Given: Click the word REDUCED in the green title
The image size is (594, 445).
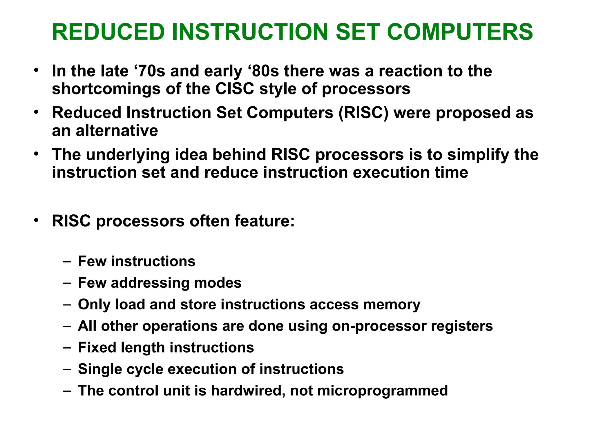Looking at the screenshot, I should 108,32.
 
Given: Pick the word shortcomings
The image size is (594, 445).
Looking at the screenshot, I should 106,89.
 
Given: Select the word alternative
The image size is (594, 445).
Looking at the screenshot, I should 117,131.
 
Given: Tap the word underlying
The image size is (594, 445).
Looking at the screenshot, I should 128,155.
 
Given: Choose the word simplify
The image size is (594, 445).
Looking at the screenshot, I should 478,155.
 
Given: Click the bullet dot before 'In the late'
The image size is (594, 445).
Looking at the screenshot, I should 36,70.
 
